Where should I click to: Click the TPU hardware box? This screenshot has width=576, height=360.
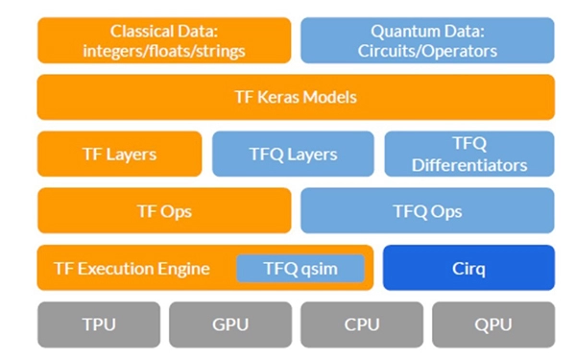tap(99, 324)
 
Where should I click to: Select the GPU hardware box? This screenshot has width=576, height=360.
tap(230, 324)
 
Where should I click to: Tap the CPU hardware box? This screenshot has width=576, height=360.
tap(362, 324)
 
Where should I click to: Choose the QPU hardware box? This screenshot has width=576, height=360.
tap(493, 324)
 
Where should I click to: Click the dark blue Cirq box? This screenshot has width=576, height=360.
tap(468, 268)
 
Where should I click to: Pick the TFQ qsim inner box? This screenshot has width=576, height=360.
tap(300, 269)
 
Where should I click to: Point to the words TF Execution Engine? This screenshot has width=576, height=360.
tap(132, 269)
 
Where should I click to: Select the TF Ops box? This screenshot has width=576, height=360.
tap(164, 210)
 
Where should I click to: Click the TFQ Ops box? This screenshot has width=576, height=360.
tap(427, 210)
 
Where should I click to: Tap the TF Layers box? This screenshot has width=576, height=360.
tap(119, 154)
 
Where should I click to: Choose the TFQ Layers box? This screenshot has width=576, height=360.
tap(293, 154)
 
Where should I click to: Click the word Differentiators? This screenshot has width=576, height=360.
tap(469, 165)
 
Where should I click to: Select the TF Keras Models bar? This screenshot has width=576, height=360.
tap(296, 97)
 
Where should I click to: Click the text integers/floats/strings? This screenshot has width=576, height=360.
tap(164, 51)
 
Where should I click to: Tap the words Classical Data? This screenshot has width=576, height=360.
tap(164, 32)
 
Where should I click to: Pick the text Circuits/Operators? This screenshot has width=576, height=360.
tap(427, 51)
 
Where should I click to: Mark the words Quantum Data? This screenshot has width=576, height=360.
tap(427, 32)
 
